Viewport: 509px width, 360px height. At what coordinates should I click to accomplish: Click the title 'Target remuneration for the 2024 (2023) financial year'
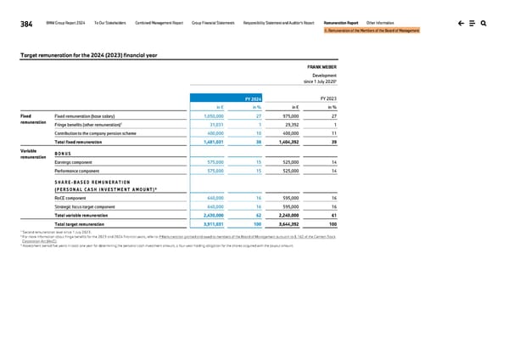[89, 54]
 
